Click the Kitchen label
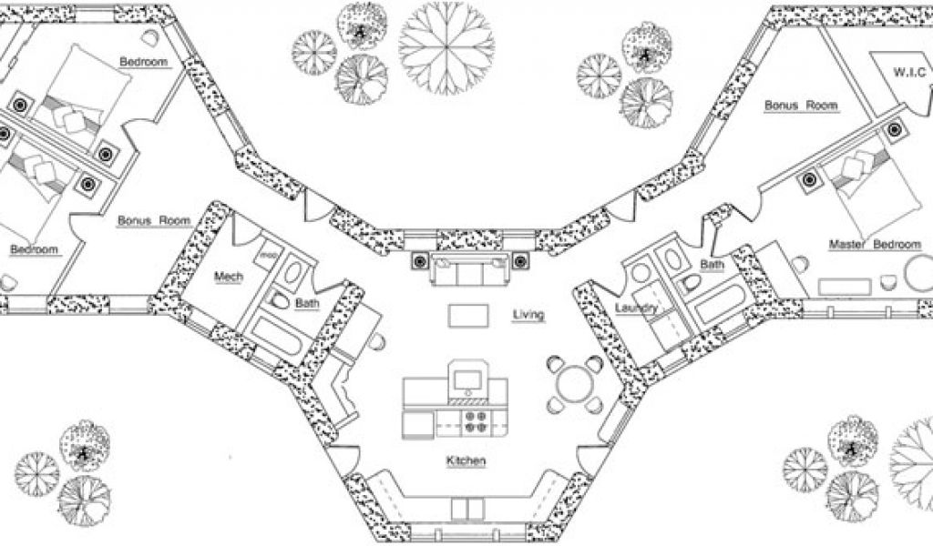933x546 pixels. pos(465,462)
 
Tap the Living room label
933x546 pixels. pos(528,315)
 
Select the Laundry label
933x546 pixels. pos(636,308)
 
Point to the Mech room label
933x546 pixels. pos(229,277)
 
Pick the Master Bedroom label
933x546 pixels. pos(869,245)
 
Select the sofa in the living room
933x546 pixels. pos(470,270)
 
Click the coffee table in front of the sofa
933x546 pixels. pos(470,315)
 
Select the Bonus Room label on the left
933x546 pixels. pos(153,220)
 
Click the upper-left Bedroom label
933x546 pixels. pos(143,61)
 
